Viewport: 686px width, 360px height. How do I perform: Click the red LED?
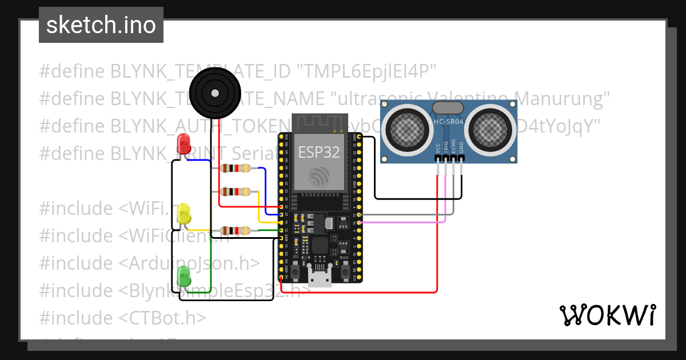(184, 144)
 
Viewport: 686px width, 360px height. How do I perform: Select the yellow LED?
(184, 214)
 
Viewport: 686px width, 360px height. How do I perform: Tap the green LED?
(184, 277)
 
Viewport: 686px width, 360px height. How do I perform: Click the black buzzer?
(213, 91)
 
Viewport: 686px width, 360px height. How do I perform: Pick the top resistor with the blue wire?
(235, 168)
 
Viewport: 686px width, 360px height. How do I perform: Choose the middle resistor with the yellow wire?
(235, 191)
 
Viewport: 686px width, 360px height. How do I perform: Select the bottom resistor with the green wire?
(235, 231)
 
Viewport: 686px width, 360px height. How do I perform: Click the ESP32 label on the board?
(319, 153)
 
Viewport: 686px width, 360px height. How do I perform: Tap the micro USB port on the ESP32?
(320, 277)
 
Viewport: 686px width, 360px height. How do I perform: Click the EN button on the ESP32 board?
(296, 273)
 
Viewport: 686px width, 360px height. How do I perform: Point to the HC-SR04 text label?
(448, 121)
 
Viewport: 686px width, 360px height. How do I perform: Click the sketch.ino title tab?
(101, 25)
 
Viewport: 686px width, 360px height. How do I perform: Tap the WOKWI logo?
(607, 315)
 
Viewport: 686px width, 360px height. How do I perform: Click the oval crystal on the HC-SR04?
(448, 107)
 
